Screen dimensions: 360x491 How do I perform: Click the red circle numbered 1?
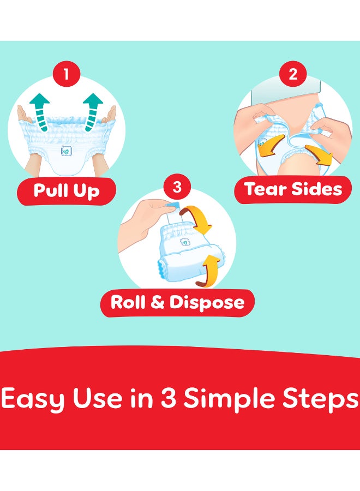tap(66, 74)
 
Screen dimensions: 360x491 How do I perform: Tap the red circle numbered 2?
tap(293, 74)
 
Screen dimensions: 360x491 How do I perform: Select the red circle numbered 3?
tap(177, 187)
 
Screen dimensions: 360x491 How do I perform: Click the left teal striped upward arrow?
tap(40, 112)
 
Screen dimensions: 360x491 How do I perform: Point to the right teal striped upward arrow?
tap(92, 112)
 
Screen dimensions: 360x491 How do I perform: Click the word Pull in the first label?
tap(51, 190)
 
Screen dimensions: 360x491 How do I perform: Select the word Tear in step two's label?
tap(266, 189)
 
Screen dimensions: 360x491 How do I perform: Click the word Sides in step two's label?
tap(317, 189)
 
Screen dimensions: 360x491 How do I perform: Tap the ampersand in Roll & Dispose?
tap(158, 302)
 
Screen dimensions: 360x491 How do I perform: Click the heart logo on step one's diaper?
tap(67, 152)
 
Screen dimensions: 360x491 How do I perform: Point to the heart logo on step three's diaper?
tap(185, 242)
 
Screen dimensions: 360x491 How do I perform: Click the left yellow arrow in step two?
tap(272, 145)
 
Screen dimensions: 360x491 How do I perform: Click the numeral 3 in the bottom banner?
tap(169, 398)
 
